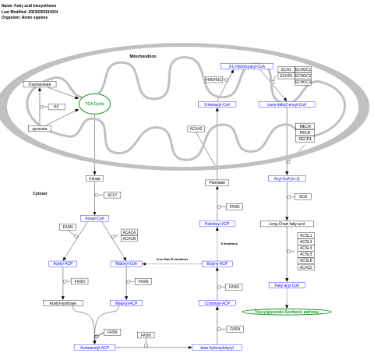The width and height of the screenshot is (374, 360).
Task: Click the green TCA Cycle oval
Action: (94, 104)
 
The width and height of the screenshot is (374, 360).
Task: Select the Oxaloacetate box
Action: (40, 84)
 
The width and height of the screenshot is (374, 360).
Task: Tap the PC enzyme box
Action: (56, 107)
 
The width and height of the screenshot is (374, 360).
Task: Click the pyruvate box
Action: (40, 129)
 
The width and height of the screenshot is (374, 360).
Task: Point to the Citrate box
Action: (94, 178)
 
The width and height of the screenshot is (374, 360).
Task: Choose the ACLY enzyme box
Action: (112, 195)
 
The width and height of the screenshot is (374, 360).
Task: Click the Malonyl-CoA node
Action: (126, 264)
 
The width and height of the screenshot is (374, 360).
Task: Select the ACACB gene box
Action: (129, 238)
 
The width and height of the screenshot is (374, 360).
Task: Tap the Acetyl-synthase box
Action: (63, 303)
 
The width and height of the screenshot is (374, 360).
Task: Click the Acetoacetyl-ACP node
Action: (95, 348)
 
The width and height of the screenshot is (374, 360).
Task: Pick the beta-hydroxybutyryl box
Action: (217, 348)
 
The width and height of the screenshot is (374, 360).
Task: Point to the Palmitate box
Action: (217, 182)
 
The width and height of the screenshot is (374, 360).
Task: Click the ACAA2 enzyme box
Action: (196, 129)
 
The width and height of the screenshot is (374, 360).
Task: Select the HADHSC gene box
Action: (213, 79)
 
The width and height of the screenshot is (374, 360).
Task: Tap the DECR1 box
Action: (305, 139)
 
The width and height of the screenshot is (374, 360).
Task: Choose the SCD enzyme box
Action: (303, 196)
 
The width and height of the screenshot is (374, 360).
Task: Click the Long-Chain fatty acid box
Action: (287, 224)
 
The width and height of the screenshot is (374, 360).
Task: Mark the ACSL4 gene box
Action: (306, 248)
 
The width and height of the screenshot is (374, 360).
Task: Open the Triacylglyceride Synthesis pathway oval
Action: (287, 312)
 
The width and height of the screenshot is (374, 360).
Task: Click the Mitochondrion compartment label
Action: (143, 56)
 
